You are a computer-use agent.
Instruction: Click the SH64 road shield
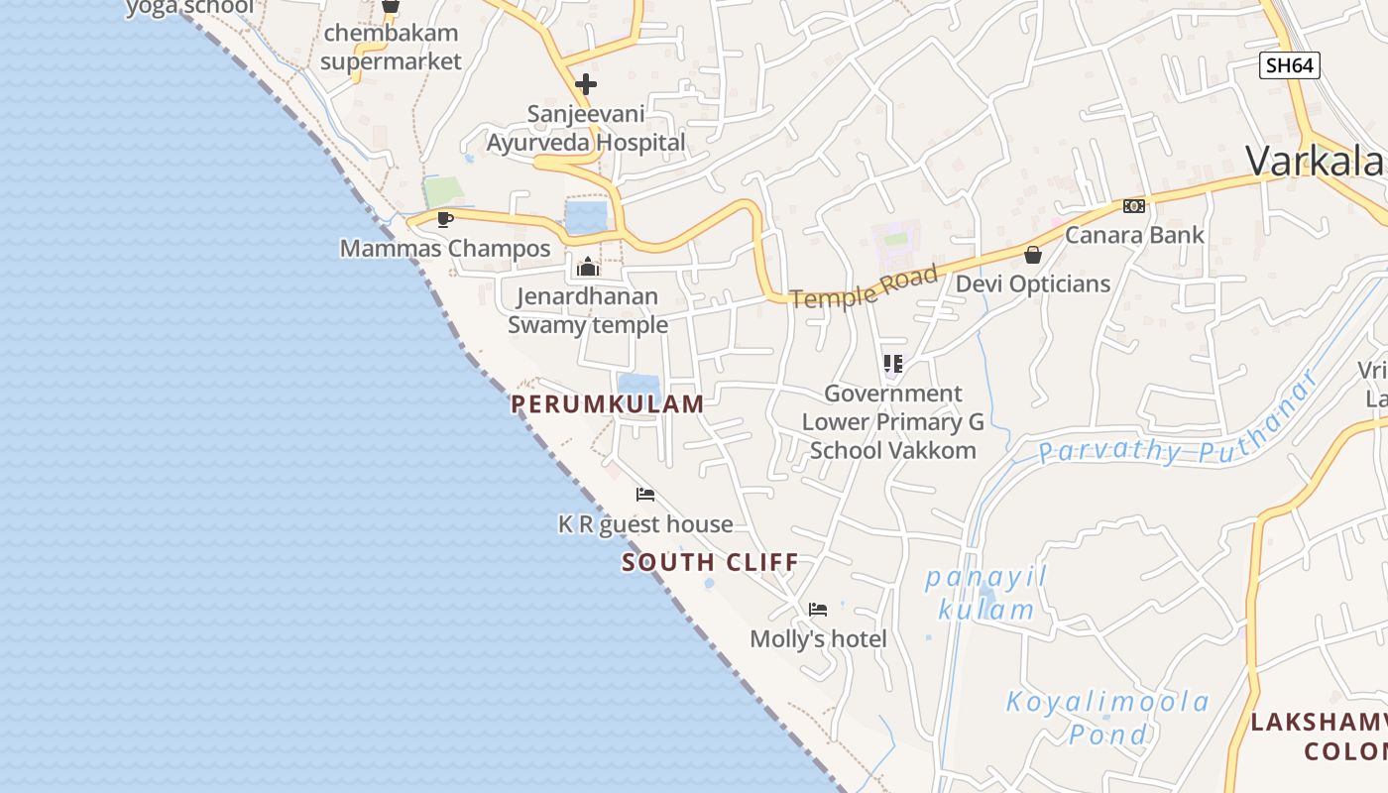pyautogui.click(x=1290, y=65)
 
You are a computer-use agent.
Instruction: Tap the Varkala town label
pyautogui.click(x=1315, y=161)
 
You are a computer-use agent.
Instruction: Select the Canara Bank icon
pyautogui.click(x=1134, y=206)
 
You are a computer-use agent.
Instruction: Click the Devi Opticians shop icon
pyautogui.click(x=1033, y=255)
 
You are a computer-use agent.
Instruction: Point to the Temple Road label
pyautogui.click(x=865, y=286)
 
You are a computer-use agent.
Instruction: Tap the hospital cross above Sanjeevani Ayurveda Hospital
pyautogui.click(x=586, y=83)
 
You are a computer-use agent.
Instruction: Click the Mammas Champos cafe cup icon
pyautogui.click(x=444, y=219)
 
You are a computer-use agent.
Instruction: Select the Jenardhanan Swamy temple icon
pyautogui.click(x=588, y=267)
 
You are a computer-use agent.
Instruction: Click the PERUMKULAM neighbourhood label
pyautogui.click(x=608, y=403)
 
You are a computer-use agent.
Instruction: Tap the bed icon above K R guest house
pyautogui.click(x=645, y=495)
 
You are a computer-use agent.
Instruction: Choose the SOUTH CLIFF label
pyautogui.click(x=710, y=563)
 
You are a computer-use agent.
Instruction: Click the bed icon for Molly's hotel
pyautogui.click(x=818, y=610)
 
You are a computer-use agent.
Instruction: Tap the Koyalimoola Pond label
pyautogui.click(x=1108, y=718)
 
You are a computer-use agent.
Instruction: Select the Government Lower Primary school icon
pyautogui.click(x=892, y=364)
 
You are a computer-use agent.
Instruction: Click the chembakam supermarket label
pyautogui.click(x=391, y=47)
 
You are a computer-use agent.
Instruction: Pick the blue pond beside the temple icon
pyautogui.click(x=585, y=216)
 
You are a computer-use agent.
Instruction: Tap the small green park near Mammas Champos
pyautogui.click(x=443, y=191)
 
